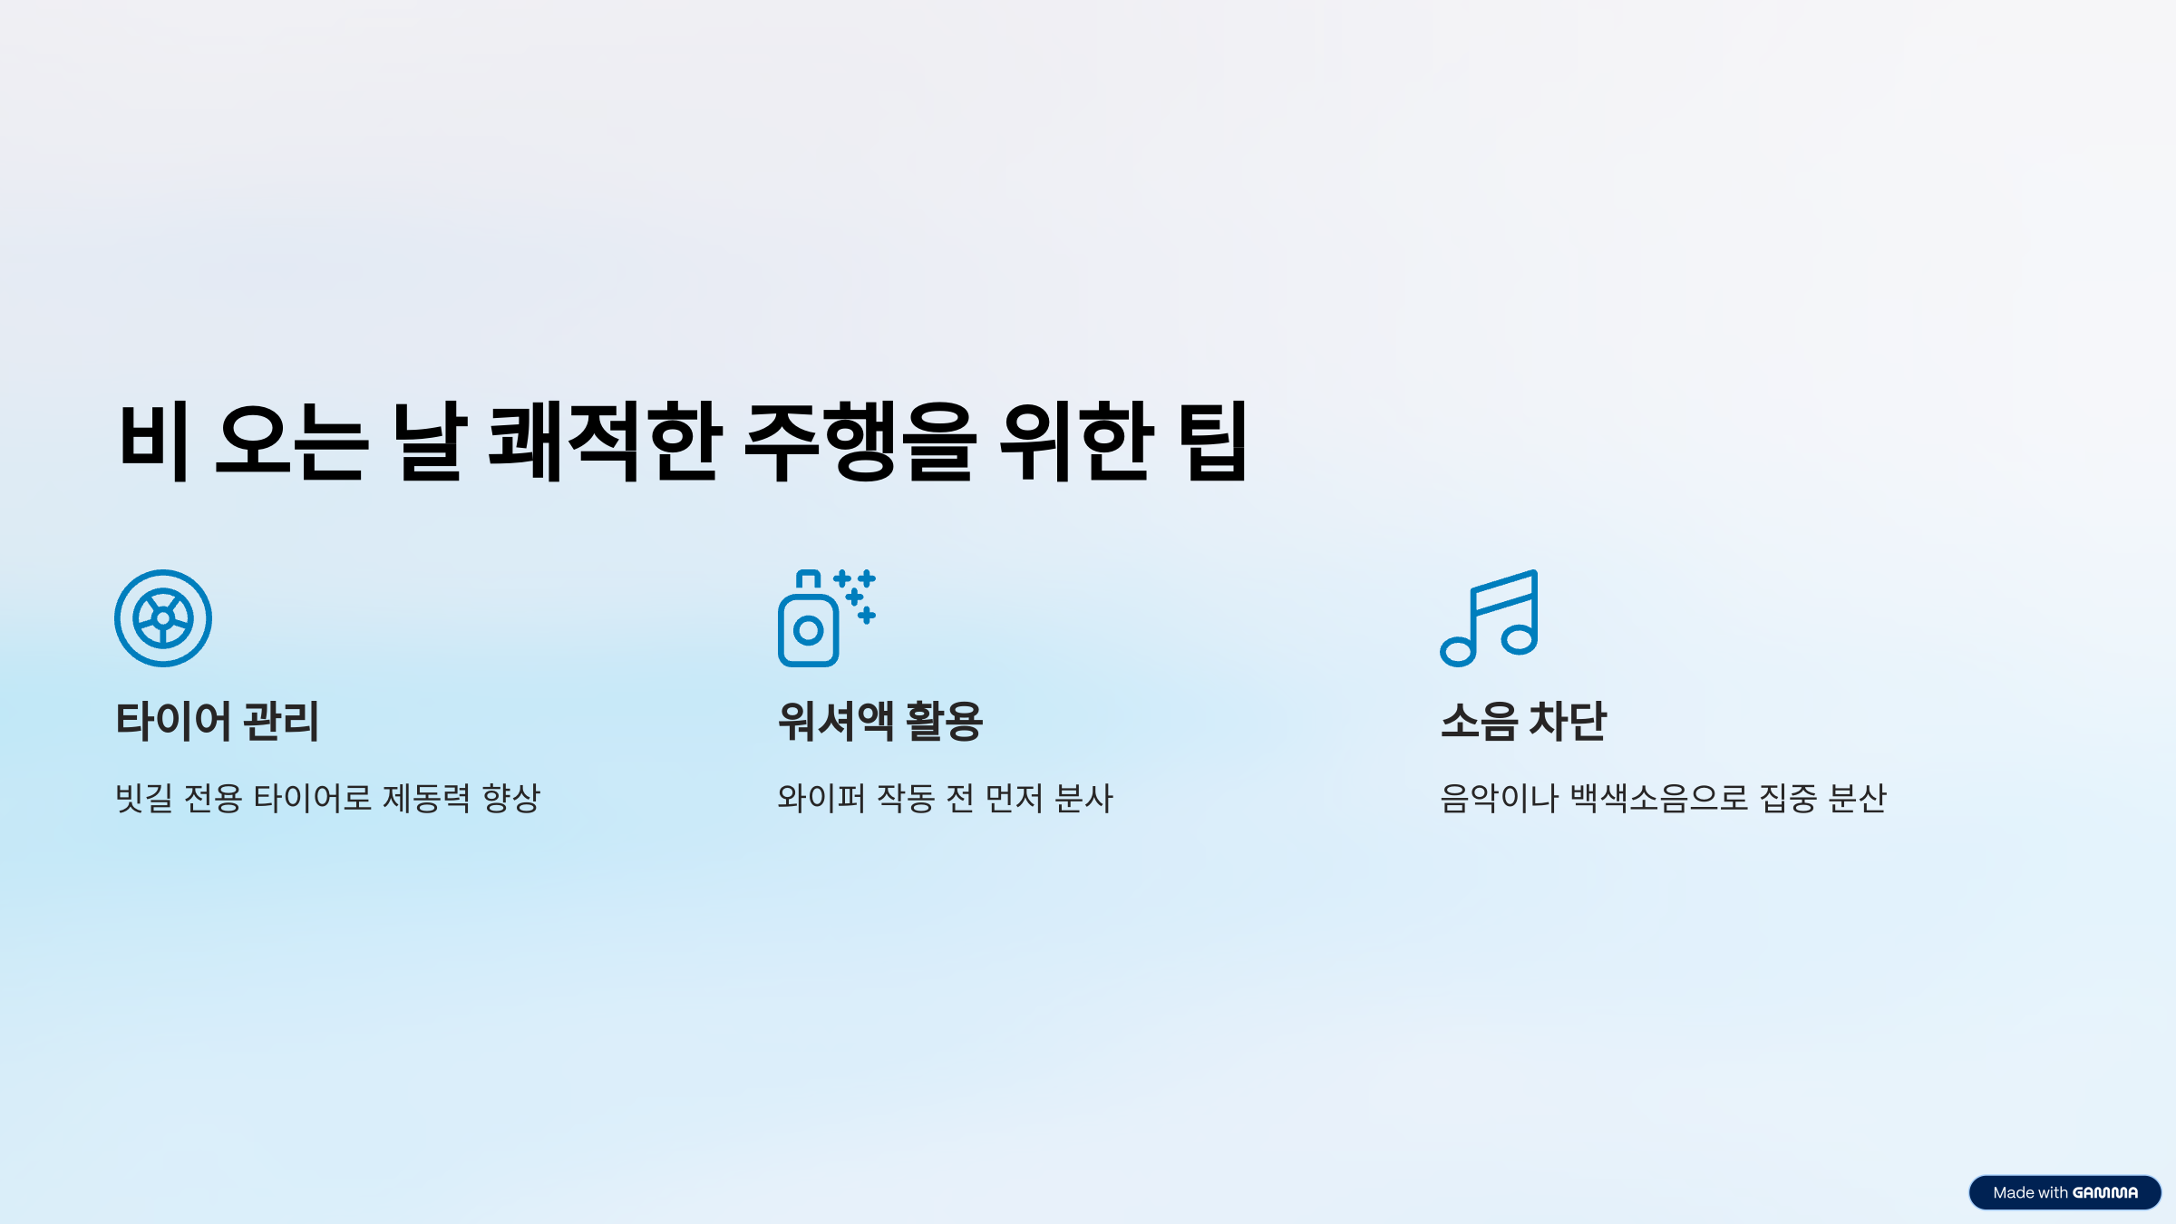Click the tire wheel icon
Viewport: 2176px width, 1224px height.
tap(163, 618)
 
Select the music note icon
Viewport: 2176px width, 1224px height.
tap(1490, 618)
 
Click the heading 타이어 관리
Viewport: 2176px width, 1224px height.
tap(218, 722)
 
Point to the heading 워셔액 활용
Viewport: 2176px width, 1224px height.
tap(880, 722)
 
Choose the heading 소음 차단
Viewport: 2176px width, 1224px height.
tap(1523, 722)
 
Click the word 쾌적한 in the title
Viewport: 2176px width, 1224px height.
tap(606, 442)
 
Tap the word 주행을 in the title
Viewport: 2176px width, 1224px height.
tap(860, 442)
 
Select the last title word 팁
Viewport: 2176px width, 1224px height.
tap(1212, 442)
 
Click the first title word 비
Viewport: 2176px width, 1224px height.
tap(154, 442)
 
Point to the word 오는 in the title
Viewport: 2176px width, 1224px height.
tap(292, 442)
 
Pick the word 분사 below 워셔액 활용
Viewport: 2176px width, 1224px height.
tap(1084, 799)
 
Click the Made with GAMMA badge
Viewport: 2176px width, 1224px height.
tap(2064, 1192)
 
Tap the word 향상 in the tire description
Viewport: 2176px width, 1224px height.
tap(511, 799)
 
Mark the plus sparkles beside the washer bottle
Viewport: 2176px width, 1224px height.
tap(857, 596)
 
